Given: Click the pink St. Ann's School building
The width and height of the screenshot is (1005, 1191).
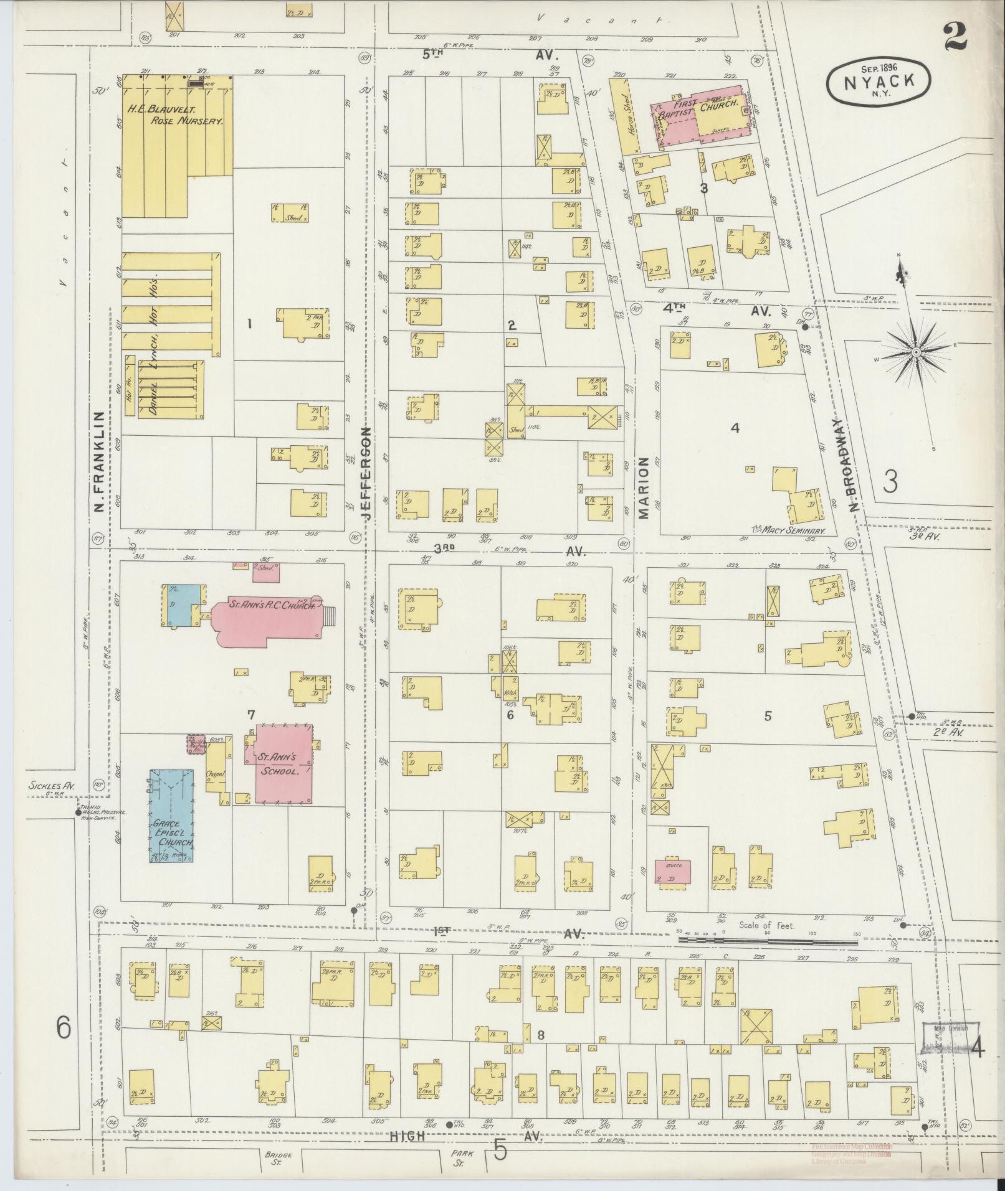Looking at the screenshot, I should click(283, 763).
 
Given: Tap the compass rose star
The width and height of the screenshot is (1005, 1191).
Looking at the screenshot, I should click(916, 353).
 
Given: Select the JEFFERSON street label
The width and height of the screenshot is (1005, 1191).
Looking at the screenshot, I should click(366, 473).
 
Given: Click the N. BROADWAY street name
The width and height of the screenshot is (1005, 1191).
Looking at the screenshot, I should click(854, 464).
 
